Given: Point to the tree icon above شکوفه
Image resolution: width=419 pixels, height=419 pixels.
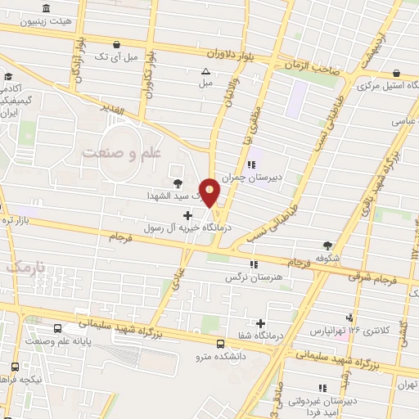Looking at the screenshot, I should coord(328,244).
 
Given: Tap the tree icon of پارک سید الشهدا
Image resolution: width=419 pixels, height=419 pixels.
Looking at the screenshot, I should coord(178,182).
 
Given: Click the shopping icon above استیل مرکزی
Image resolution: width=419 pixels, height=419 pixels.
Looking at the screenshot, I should coord(396,72).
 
